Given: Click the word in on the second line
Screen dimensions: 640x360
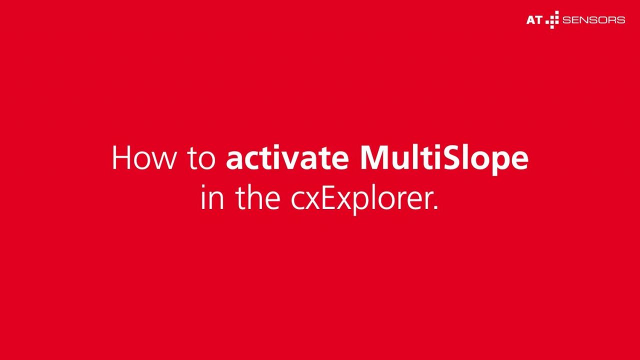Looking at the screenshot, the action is pos(212,196).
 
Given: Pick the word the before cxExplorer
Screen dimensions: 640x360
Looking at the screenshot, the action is pos(257,196).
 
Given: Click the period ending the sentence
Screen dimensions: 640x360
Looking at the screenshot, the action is pos(435,207).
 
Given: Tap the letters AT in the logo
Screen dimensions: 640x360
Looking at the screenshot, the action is pos(534,20).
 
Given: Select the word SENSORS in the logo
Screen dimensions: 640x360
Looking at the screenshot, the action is pos(593,20).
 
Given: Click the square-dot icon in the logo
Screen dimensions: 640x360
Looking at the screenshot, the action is pos(552,19).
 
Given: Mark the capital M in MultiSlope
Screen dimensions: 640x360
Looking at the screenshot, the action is pos(374,157).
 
